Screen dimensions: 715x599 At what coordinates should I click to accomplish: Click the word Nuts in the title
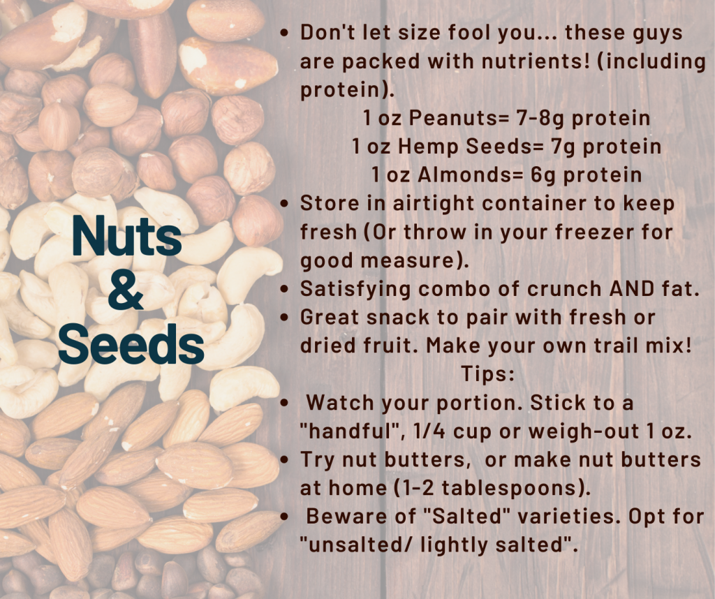point(126,237)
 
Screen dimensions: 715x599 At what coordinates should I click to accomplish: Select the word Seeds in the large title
point(131,343)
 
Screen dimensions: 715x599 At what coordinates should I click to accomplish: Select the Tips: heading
point(487,374)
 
